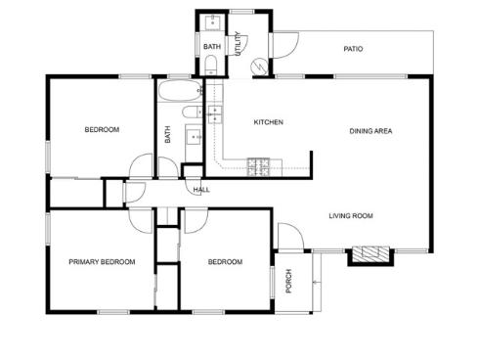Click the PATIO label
pos(353,49)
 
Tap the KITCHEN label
pos(269,122)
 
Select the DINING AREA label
pos(370,131)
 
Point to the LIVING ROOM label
pos(351,216)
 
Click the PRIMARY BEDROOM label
pos(102,262)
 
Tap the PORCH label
pos(288,281)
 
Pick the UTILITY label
pos(239,44)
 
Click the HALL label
pos(201,190)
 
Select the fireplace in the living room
pos(371,254)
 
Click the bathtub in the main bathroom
pos(180,90)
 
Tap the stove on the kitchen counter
pos(258,166)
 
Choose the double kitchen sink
pos(215,114)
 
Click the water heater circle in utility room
pos(259,67)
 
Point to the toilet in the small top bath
pos(211,65)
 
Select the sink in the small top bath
pos(212,22)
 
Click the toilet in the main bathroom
pos(193,112)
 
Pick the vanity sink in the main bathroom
pos(195,136)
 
